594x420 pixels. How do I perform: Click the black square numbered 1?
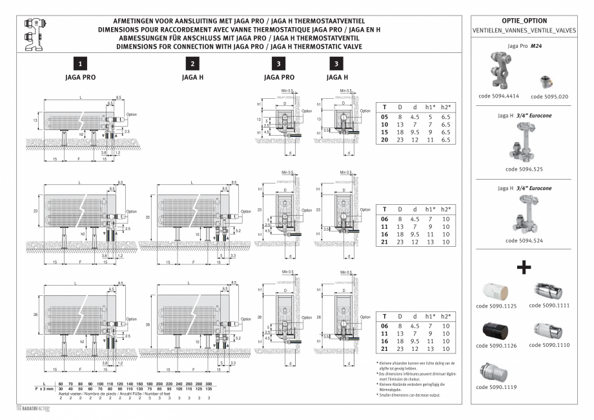click(79, 64)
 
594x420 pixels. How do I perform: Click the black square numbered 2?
click(193, 64)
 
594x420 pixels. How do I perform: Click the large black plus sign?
click(524, 267)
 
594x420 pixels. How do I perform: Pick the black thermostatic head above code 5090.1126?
click(497, 330)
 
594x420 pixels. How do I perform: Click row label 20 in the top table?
click(385, 140)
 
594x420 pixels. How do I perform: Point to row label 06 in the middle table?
click(385, 219)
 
